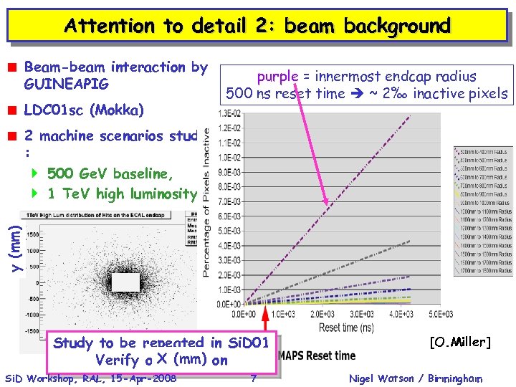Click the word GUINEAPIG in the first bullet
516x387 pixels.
coord(67,85)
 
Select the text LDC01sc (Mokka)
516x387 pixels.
coord(84,110)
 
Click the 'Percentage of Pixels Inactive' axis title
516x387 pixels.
coord(206,203)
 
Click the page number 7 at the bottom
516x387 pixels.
coord(254,378)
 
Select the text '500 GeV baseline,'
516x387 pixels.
coord(110,173)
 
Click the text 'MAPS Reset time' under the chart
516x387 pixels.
coord(316,355)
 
